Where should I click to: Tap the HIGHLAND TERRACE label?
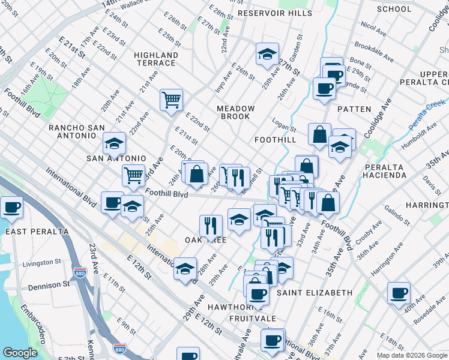point(156,59)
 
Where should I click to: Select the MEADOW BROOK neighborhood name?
point(236,112)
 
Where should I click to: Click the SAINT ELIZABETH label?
point(315,293)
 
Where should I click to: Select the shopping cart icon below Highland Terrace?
point(171,99)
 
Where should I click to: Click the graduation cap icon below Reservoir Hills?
point(267,54)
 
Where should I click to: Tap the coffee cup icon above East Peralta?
point(11,208)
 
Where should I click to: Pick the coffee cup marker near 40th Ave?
point(399,292)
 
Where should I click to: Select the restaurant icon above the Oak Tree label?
point(211,226)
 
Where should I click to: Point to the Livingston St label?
point(42,263)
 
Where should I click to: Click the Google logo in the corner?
point(20,353)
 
